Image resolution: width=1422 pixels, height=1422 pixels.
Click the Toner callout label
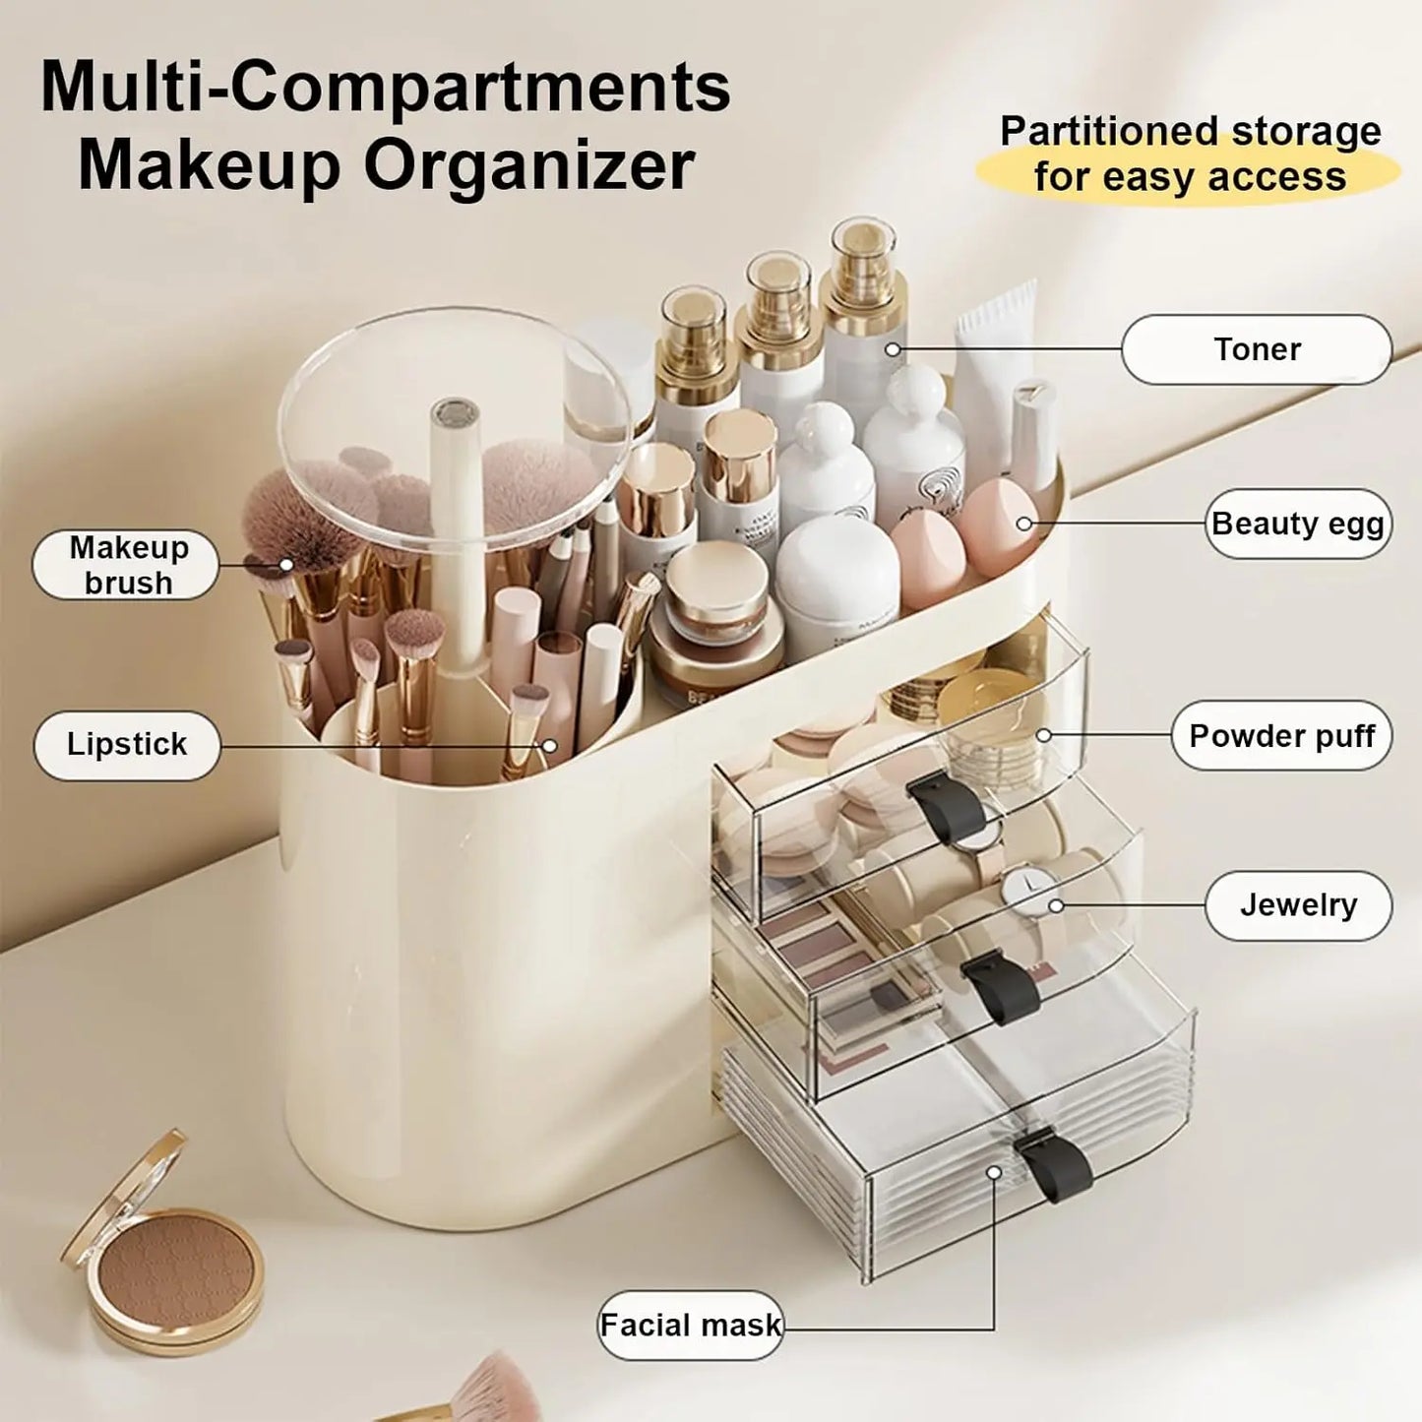point(1257,349)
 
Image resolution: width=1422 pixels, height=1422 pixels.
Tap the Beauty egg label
point(1298,524)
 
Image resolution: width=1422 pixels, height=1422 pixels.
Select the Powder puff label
point(1281,736)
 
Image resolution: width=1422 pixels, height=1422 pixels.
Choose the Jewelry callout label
point(1298,905)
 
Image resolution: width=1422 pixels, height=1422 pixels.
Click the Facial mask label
point(690,1326)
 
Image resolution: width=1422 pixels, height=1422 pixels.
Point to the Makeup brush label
point(127,565)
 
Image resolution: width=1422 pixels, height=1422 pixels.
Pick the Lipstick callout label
point(127,745)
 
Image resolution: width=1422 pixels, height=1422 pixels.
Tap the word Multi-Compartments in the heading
point(385,88)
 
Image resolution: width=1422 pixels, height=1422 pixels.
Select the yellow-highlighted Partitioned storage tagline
point(1189,155)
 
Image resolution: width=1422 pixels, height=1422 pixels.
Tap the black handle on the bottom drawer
point(1054,1165)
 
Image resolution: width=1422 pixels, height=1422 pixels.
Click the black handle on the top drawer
point(946,806)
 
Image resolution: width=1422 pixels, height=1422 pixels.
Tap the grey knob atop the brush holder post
point(455,413)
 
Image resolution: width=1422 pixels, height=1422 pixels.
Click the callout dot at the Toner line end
point(893,349)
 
